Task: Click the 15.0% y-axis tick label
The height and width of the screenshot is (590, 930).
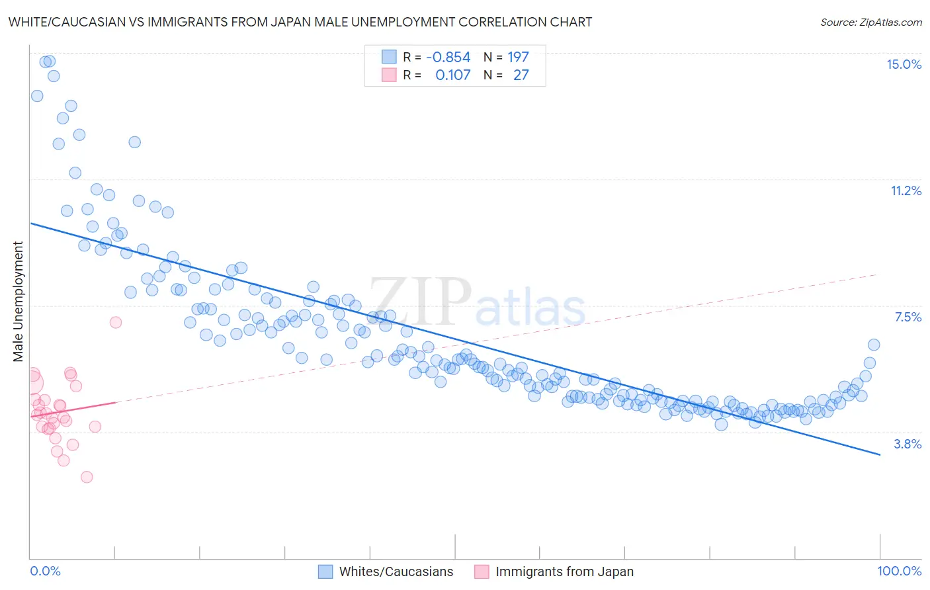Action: click(x=904, y=64)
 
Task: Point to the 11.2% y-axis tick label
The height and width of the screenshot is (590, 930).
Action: click(x=906, y=190)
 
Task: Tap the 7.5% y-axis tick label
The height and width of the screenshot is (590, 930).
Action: click(x=908, y=317)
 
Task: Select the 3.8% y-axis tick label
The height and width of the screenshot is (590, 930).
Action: click(x=908, y=444)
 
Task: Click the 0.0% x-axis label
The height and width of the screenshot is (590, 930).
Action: click(x=45, y=571)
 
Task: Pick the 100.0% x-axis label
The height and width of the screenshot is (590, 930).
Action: click(x=899, y=571)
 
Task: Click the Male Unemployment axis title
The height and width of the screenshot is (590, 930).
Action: click(x=18, y=302)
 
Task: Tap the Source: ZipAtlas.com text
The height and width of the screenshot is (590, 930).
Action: click(x=870, y=22)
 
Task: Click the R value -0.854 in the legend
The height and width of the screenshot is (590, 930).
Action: click(x=448, y=57)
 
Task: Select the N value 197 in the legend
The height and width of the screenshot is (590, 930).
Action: click(x=518, y=57)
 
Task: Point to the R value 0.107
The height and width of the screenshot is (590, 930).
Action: click(x=452, y=75)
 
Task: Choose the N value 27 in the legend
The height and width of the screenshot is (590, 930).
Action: click(x=521, y=75)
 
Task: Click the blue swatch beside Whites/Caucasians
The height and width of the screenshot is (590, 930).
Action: click(x=325, y=571)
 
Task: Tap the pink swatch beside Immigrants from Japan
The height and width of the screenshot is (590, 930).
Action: click(x=482, y=571)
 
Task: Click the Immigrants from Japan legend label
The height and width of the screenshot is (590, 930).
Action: click(x=564, y=571)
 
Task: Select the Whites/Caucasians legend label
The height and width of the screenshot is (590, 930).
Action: click(x=396, y=571)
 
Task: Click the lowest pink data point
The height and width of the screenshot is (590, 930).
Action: click(x=87, y=477)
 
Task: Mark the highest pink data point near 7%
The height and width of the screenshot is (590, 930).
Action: click(x=116, y=322)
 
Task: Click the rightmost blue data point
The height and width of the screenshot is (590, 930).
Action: click(x=874, y=345)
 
